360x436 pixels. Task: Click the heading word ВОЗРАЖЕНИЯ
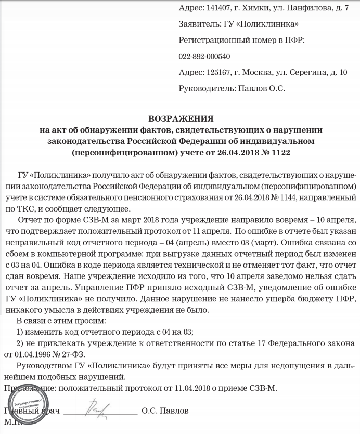[x=179, y=118]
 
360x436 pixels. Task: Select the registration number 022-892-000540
[x=204, y=56]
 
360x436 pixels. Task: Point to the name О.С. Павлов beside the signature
[x=165, y=411]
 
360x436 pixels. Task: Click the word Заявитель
[x=198, y=24]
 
